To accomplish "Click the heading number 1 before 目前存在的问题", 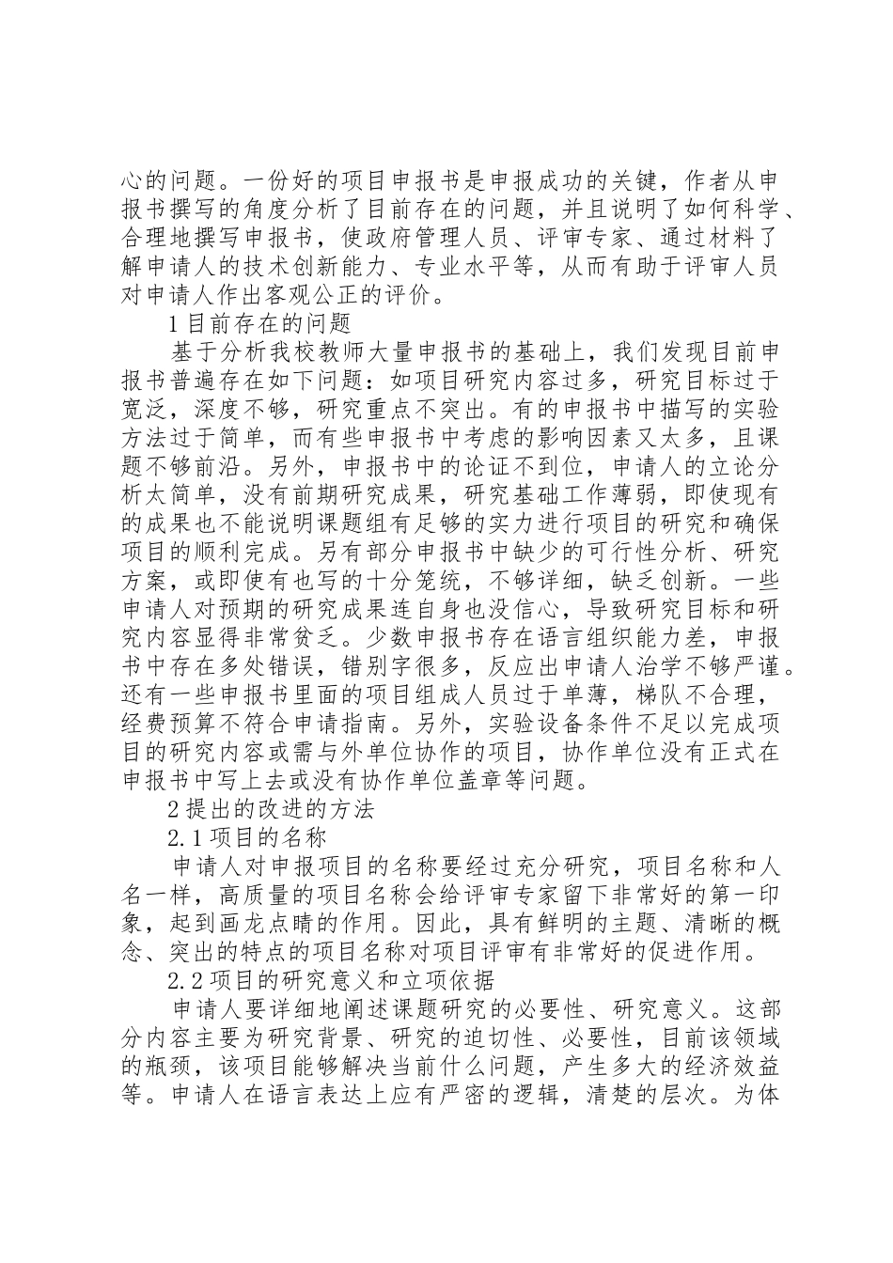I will click(x=171, y=324).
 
